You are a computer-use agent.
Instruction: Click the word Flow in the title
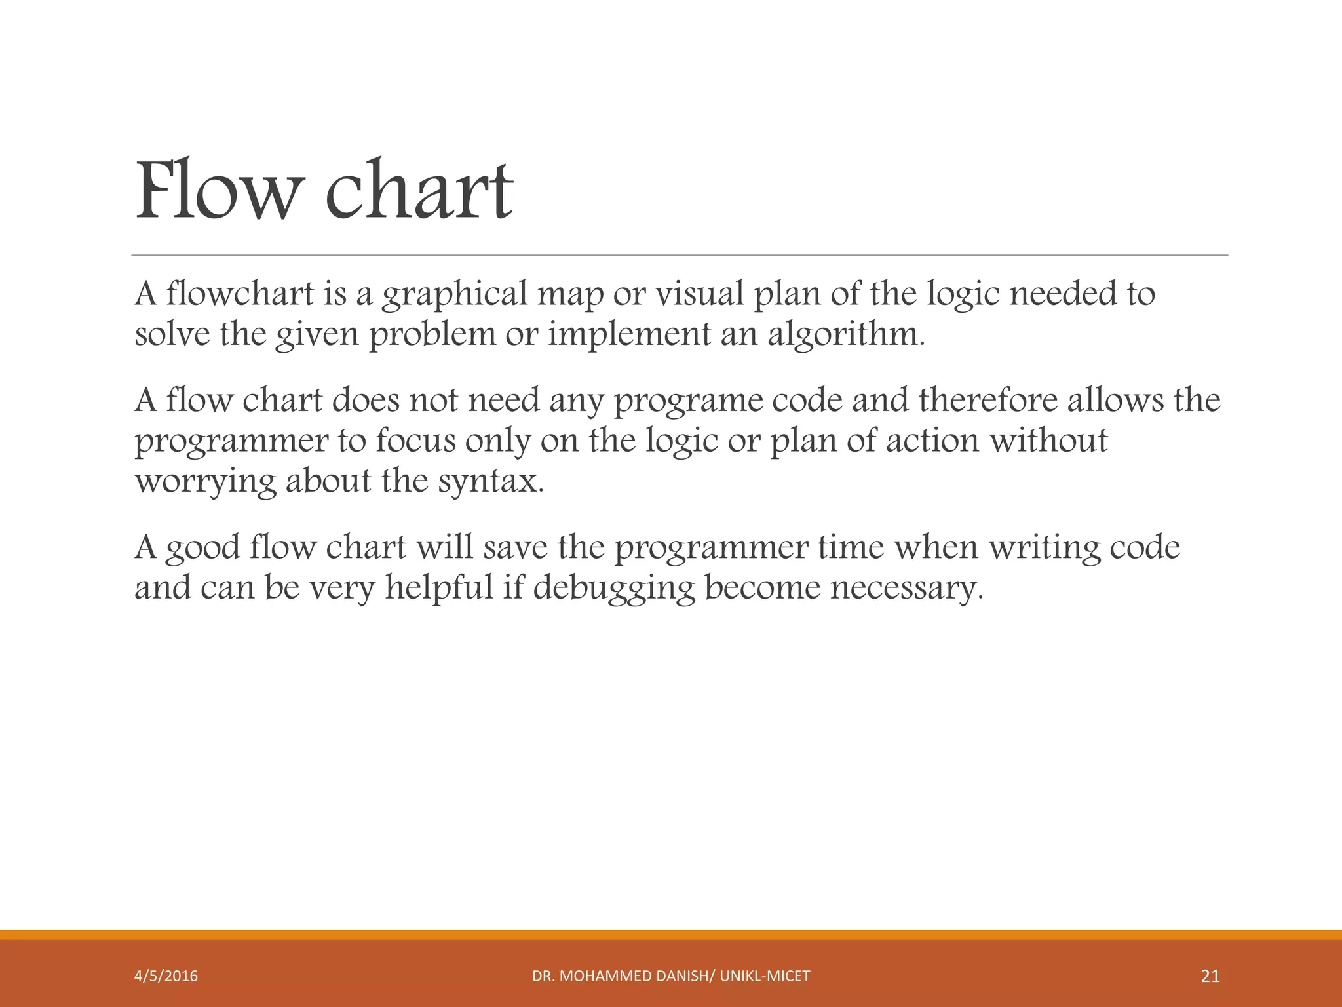coord(216,190)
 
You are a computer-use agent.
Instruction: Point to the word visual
coord(700,293)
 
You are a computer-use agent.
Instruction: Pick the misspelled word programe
coord(689,401)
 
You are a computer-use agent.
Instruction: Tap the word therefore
coord(987,399)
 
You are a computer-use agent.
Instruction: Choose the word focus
coord(415,440)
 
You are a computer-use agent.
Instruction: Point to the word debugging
coord(613,588)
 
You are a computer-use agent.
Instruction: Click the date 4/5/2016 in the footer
coord(166,976)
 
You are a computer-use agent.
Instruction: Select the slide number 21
coord(1210,976)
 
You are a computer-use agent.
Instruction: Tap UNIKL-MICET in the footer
coord(765,976)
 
